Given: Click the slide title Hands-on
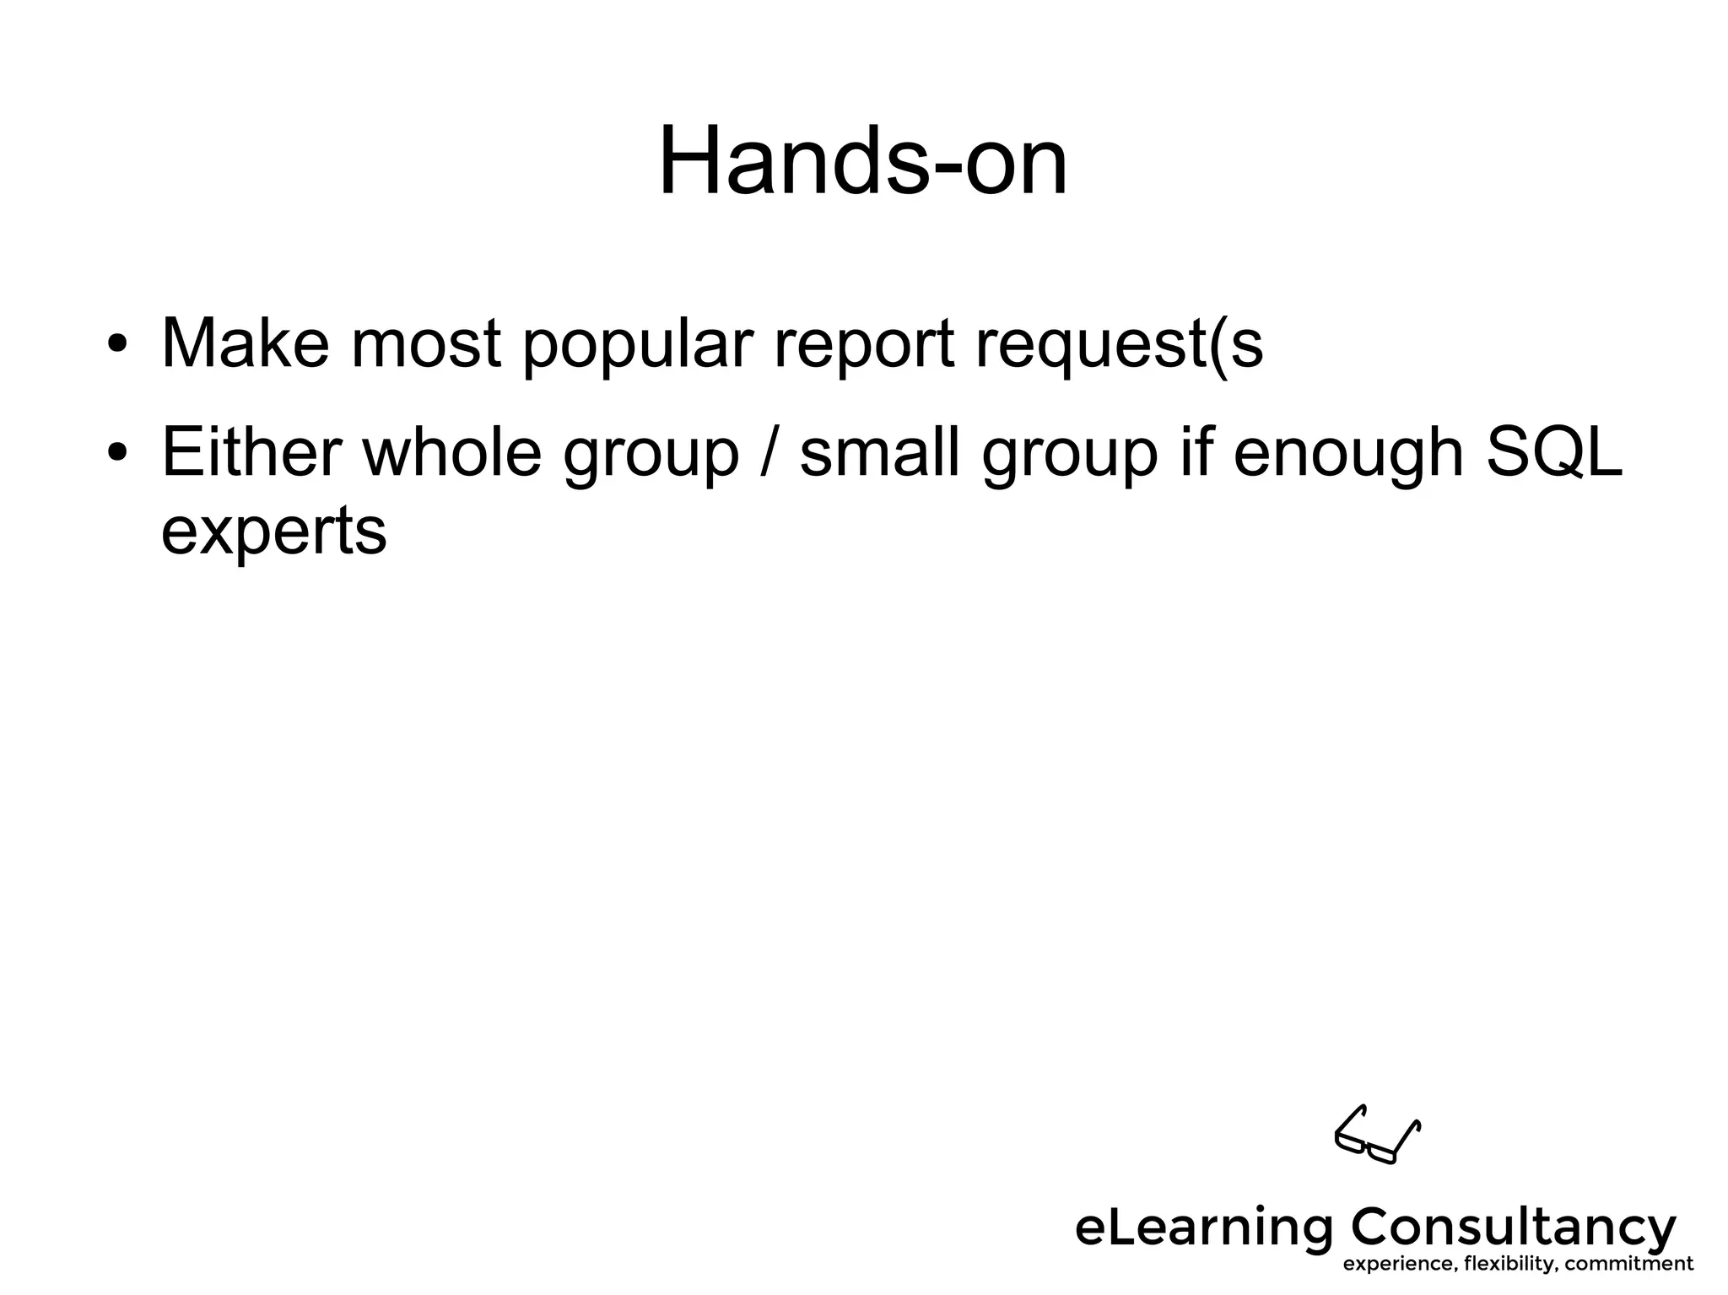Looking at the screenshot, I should point(862,161).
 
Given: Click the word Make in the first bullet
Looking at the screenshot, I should point(245,343).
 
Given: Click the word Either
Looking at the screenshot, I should point(251,453).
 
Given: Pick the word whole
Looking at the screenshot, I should point(451,453).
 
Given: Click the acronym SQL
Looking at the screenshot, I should point(1552,453).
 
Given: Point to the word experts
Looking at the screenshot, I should point(273,531).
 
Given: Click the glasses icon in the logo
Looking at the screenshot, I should point(1376,1135).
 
